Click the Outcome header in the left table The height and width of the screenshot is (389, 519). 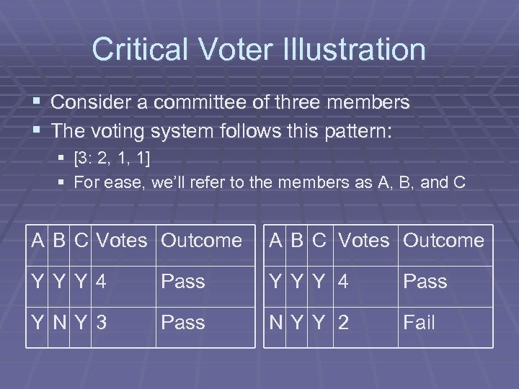[201, 240]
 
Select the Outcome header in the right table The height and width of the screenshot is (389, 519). [443, 240]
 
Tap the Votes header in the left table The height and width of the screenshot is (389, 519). [121, 240]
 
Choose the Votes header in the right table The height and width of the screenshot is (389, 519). [363, 240]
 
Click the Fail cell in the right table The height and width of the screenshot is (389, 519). [419, 323]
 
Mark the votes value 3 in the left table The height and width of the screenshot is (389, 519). [102, 323]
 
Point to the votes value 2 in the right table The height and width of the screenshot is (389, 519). [344, 323]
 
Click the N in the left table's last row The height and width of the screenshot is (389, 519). [61, 323]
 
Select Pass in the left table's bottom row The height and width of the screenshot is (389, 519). [183, 323]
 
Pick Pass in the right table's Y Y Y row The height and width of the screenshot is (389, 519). [425, 281]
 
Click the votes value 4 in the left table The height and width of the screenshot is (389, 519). [102, 281]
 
